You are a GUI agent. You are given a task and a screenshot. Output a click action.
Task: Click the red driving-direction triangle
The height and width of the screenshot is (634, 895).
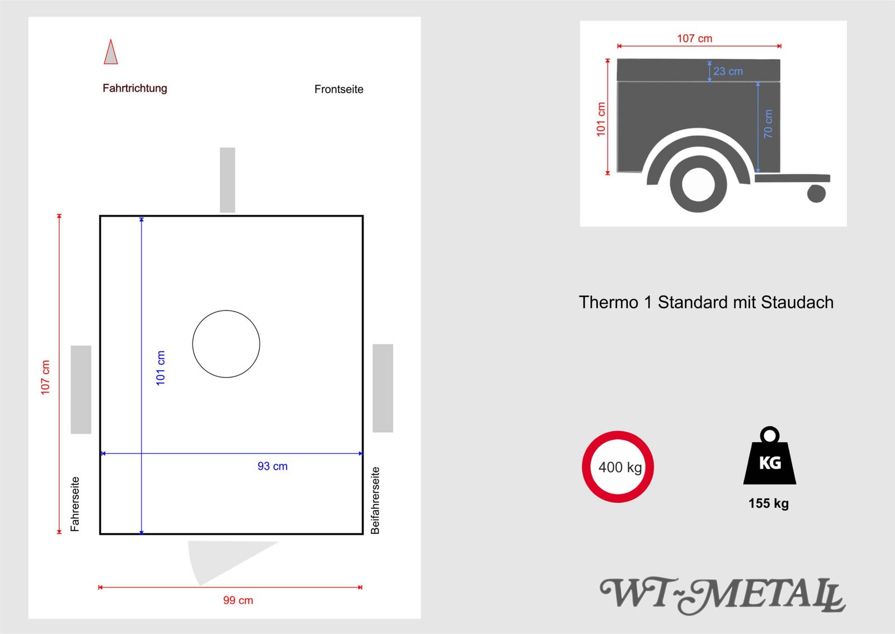111,53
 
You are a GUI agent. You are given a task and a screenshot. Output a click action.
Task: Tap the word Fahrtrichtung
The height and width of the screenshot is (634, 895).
135,88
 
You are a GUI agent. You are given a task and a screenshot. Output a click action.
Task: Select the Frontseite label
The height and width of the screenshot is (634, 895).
339,89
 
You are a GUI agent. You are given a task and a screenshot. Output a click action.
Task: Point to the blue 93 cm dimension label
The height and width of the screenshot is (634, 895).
272,466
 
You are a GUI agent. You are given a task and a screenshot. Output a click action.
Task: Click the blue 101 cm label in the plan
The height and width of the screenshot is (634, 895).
161,368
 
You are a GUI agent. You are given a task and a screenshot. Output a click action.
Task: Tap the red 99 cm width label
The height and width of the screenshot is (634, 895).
238,600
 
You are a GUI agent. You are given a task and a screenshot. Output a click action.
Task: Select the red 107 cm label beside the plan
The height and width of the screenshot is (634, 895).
45,377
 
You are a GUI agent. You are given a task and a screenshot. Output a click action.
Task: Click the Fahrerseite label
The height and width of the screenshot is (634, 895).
75,504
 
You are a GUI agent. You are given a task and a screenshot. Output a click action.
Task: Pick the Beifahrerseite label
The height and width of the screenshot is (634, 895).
375,500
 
